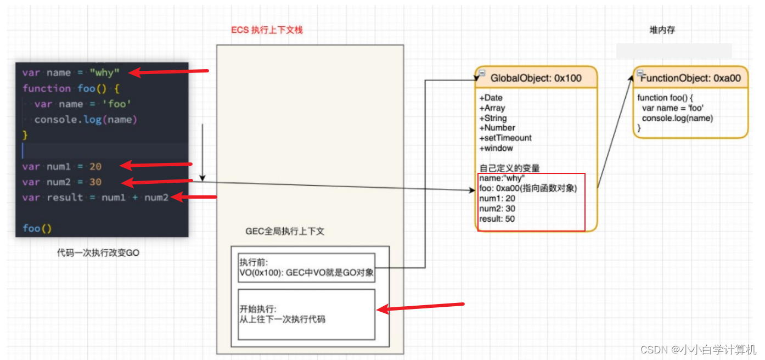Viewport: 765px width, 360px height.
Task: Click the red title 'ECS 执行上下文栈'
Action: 267,30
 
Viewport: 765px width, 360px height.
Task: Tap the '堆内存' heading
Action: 662,30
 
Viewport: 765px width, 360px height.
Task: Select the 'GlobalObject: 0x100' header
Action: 536,78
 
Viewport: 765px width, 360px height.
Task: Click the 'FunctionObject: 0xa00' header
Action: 690,78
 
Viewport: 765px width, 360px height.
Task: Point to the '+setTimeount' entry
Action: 505,138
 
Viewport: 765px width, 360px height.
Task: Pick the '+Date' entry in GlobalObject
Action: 491,98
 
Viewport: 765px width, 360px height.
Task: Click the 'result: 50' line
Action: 497,219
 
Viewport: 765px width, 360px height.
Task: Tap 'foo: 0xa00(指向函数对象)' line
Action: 528,189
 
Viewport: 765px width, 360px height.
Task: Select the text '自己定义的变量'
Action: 510,168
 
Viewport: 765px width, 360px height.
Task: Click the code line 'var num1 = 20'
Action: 62,166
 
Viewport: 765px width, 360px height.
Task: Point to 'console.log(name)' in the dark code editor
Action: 85,120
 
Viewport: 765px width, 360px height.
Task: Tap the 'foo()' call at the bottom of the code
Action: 37,228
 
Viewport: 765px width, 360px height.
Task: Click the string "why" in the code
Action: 104,73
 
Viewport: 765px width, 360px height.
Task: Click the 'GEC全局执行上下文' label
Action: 285,232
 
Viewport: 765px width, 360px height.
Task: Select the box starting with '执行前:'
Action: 306,268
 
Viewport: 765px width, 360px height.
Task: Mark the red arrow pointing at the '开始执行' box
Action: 421,307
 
